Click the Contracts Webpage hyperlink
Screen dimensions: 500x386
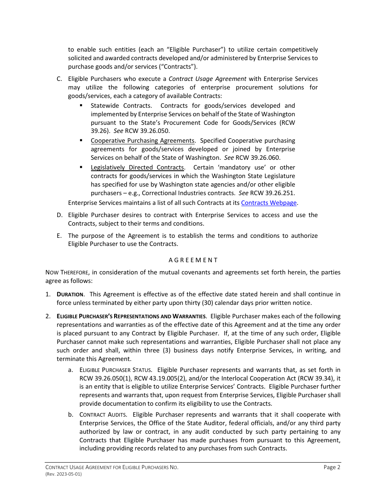[269, 202]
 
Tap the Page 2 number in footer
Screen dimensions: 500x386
[332, 467]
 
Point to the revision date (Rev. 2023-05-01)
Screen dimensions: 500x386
[63, 474]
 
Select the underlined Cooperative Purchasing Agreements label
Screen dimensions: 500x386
[143, 141]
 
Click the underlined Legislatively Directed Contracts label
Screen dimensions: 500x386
[137, 167]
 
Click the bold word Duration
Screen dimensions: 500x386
[70, 294]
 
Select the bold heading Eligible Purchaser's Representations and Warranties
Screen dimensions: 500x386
[131, 316]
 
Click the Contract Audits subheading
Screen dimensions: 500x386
[103, 415]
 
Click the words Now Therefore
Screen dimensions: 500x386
[65, 272]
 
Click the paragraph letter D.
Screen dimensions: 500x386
[59, 215]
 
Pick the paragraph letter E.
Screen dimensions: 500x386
[59, 236]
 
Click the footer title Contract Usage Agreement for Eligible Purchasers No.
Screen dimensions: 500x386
[112, 467]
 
